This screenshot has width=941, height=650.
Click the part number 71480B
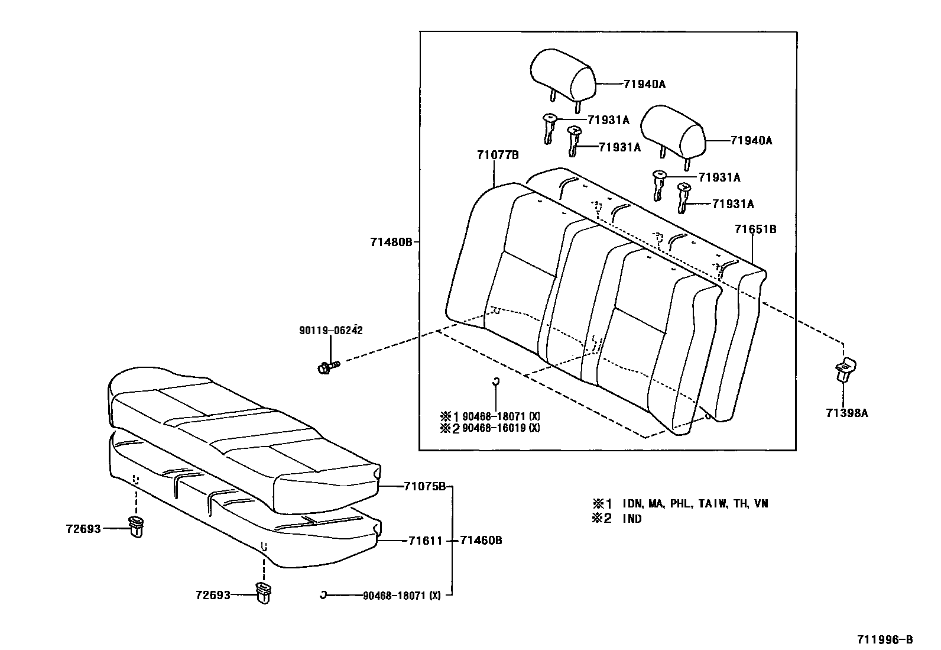click(390, 241)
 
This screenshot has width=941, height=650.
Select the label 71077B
click(498, 156)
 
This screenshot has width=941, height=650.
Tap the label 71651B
click(755, 229)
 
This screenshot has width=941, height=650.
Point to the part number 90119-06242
click(330, 331)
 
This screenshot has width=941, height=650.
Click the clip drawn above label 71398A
click(846, 370)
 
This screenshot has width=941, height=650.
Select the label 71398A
click(846, 413)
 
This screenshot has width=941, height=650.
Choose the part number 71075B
click(424, 486)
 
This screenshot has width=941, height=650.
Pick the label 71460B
click(481, 541)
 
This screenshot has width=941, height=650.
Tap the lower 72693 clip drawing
click(263, 591)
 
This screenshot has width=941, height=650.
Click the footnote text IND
click(632, 519)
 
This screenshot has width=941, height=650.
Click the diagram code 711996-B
click(885, 639)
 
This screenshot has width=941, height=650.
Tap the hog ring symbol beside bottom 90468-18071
click(323, 594)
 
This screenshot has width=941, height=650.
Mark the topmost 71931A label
click(608, 120)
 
